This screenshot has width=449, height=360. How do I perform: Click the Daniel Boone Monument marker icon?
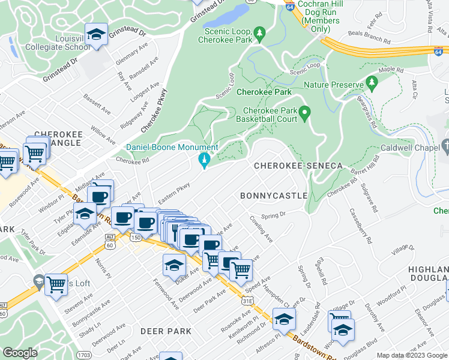[x=203, y=160]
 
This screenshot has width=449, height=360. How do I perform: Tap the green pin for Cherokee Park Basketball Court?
[x=305, y=112]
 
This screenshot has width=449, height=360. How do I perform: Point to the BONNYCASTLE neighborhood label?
[x=274, y=196]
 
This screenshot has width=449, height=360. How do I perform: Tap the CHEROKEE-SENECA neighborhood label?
[x=298, y=165]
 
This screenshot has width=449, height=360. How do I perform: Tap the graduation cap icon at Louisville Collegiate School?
[x=95, y=35]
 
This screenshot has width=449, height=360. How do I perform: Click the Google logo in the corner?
[x=20, y=353]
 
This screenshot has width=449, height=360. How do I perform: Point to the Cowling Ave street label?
[x=262, y=229]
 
